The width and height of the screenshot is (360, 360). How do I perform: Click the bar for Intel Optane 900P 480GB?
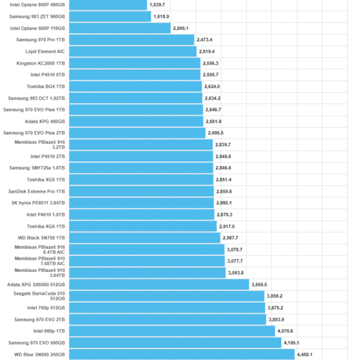pyautogui.click(x=108, y=5)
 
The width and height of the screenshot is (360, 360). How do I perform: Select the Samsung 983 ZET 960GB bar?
pyautogui.click(x=110, y=17)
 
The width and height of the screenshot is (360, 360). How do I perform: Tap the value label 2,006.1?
pyautogui.click(x=181, y=28)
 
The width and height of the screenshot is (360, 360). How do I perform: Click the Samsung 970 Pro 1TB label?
pyautogui.click(x=41, y=40)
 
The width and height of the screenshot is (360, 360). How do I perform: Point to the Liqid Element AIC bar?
pyautogui.click(x=133, y=52)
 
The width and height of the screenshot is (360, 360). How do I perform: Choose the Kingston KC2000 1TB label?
pyautogui.click(x=41, y=63)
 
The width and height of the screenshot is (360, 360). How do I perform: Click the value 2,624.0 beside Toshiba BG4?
pyautogui.click(x=212, y=87)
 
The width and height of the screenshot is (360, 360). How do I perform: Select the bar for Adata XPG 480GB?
pyautogui.click(x=136, y=121)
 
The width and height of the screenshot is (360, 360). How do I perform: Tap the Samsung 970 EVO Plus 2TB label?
pyautogui.click(x=34, y=133)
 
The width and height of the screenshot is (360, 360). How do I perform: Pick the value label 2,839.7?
pyautogui.click(x=223, y=145)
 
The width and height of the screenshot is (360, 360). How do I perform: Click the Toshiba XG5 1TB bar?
pyautogui.click(x=141, y=180)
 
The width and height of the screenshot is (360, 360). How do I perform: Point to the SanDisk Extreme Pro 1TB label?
pyautogui.click(x=36, y=191)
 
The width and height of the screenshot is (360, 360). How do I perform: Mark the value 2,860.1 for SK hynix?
pyautogui.click(x=224, y=203)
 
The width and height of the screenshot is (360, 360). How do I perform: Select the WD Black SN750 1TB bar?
pyautogui.click(x=145, y=238)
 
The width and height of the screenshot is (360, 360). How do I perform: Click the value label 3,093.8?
pyautogui.click(x=236, y=273)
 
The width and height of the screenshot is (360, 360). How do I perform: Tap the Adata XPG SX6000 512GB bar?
pyautogui.click(x=159, y=284)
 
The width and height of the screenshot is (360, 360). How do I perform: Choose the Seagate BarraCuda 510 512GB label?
pyautogui.click(x=39, y=296)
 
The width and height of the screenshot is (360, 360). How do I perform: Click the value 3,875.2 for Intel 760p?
pyautogui.click(x=275, y=308)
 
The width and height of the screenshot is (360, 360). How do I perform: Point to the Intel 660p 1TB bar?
pyautogui.click(x=172, y=331)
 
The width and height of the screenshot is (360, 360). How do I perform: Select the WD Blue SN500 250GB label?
pyautogui.click(x=39, y=354)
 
